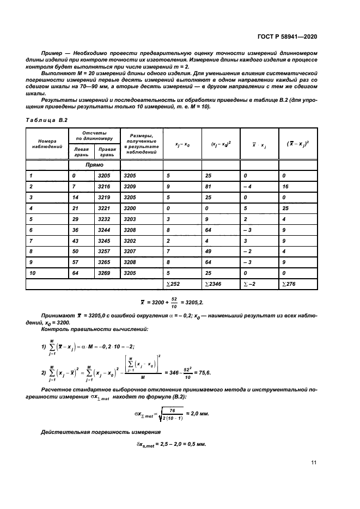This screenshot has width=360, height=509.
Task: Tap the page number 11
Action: pyautogui.click(x=314, y=463)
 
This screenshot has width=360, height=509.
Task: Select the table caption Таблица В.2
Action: pyautogui.click(x=46, y=119)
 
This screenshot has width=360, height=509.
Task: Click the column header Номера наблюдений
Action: pyautogui.click(x=44, y=144)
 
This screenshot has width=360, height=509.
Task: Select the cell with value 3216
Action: pyautogui.click(x=104, y=186)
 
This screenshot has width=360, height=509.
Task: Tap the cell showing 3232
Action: pyautogui.click(x=104, y=218)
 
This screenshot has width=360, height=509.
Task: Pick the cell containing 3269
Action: pyautogui.click(x=104, y=272)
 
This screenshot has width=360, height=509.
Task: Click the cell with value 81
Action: pyautogui.click(x=209, y=186)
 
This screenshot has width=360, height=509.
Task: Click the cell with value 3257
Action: pyautogui.click(x=104, y=251)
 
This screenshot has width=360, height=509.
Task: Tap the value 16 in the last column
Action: pyautogui.click(x=286, y=186)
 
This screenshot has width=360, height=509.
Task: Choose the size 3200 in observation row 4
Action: pyautogui.click(x=131, y=208)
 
